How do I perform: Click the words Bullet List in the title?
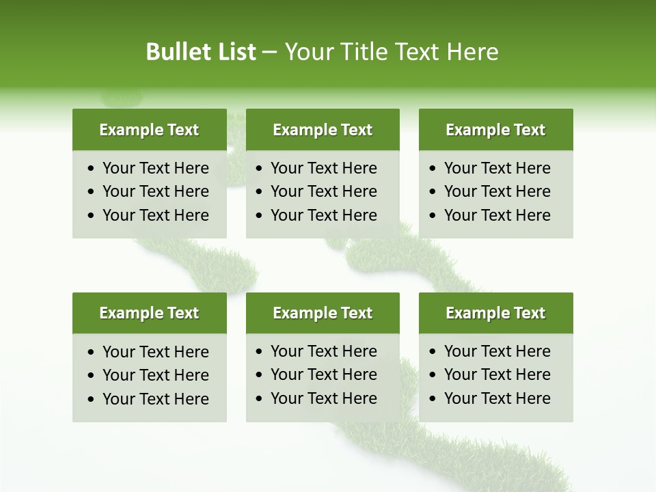201,52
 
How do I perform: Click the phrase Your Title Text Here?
392,52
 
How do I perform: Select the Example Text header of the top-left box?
149,130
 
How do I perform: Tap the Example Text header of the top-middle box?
323,130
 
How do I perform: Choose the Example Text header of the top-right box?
495,130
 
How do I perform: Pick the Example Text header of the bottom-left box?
149,313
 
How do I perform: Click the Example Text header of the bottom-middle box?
323,313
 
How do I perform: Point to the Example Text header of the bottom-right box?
495,313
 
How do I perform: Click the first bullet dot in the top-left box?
92,169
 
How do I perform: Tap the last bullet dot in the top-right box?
433,216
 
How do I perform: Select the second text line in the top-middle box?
324,191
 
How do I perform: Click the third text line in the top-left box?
156,215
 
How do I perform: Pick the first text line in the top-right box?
497,168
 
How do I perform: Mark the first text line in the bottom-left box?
156,352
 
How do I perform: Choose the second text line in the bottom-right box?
497,374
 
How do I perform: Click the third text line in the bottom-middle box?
324,398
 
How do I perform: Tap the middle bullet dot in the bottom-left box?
92,376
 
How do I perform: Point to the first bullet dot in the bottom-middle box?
260,352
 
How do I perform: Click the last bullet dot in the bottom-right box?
433,399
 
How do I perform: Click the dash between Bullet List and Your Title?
270,53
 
